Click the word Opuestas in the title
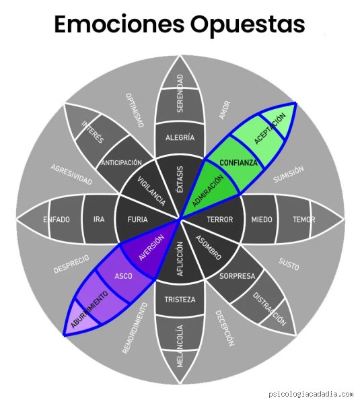(248, 25)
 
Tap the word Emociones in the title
(120, 24)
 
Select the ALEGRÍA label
(180, 137)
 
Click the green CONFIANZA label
(238, 162)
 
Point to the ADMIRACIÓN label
(208, 191)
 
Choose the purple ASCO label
(124, 276)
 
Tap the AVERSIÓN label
(151, 247)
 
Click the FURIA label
(138, 220)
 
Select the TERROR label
(220, 220)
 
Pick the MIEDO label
(262, 220)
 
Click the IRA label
(99, 220)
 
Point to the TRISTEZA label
(180, 300)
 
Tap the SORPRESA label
(237, 276)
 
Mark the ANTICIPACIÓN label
(122, 163)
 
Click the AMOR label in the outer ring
(225, 110)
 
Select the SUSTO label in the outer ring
(289, 265)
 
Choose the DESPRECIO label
(71, 264)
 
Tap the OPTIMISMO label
(135, 110)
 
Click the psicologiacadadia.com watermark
(311, 395)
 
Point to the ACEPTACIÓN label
(270, 129)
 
